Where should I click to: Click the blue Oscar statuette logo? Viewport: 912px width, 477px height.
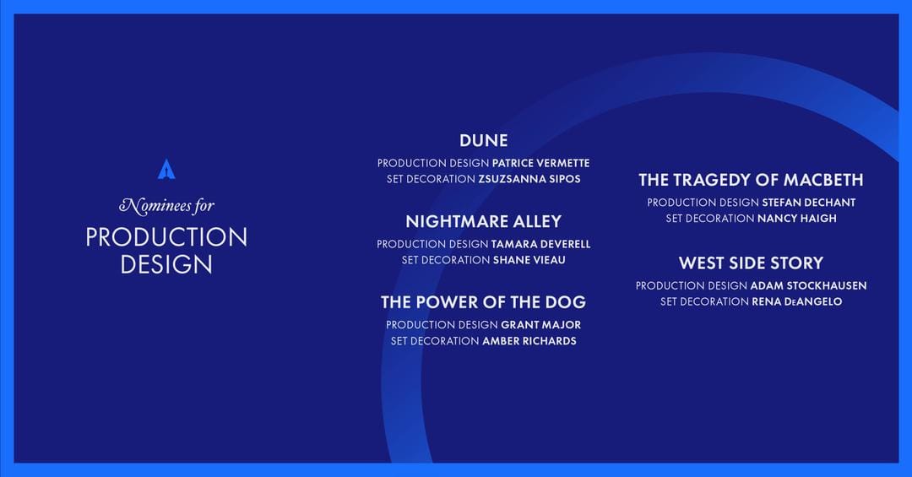tap(166, 169)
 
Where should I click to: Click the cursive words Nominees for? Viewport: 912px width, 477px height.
tap(166, 205)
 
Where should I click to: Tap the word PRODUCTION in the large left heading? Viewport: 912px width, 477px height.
tap(166, 237)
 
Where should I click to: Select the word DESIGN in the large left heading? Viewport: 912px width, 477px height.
tap(166, 264)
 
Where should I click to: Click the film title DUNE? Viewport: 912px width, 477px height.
tap(483, 140)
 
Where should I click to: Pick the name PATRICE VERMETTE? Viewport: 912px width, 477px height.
tap(540, 163)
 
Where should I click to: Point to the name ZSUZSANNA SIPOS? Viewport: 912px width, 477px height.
tap(529, 179)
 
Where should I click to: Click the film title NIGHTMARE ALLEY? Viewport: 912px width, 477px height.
tap(483, 221)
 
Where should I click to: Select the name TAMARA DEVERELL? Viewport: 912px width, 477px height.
tap(540, 244)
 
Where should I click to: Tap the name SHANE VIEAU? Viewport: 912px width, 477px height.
tap(529, 260)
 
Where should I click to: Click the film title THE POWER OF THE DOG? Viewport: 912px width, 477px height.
tap(483, 302)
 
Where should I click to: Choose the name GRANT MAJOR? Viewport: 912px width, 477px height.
tap(540, 325)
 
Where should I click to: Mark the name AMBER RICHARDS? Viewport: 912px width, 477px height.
tap(529, 341)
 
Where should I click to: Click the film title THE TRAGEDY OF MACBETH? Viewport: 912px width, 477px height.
tap(751, 180)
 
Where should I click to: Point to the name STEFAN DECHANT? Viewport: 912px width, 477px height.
tap(808, 203)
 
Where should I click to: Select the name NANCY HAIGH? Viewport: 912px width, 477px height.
tap(797, 219)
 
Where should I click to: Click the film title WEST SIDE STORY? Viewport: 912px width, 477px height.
tap(751, 263)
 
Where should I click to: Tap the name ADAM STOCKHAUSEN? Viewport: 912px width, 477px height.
tap(808, 285)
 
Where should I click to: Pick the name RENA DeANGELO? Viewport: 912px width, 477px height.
tap(796, 301)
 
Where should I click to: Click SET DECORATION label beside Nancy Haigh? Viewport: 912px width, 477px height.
tap(709, 219)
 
